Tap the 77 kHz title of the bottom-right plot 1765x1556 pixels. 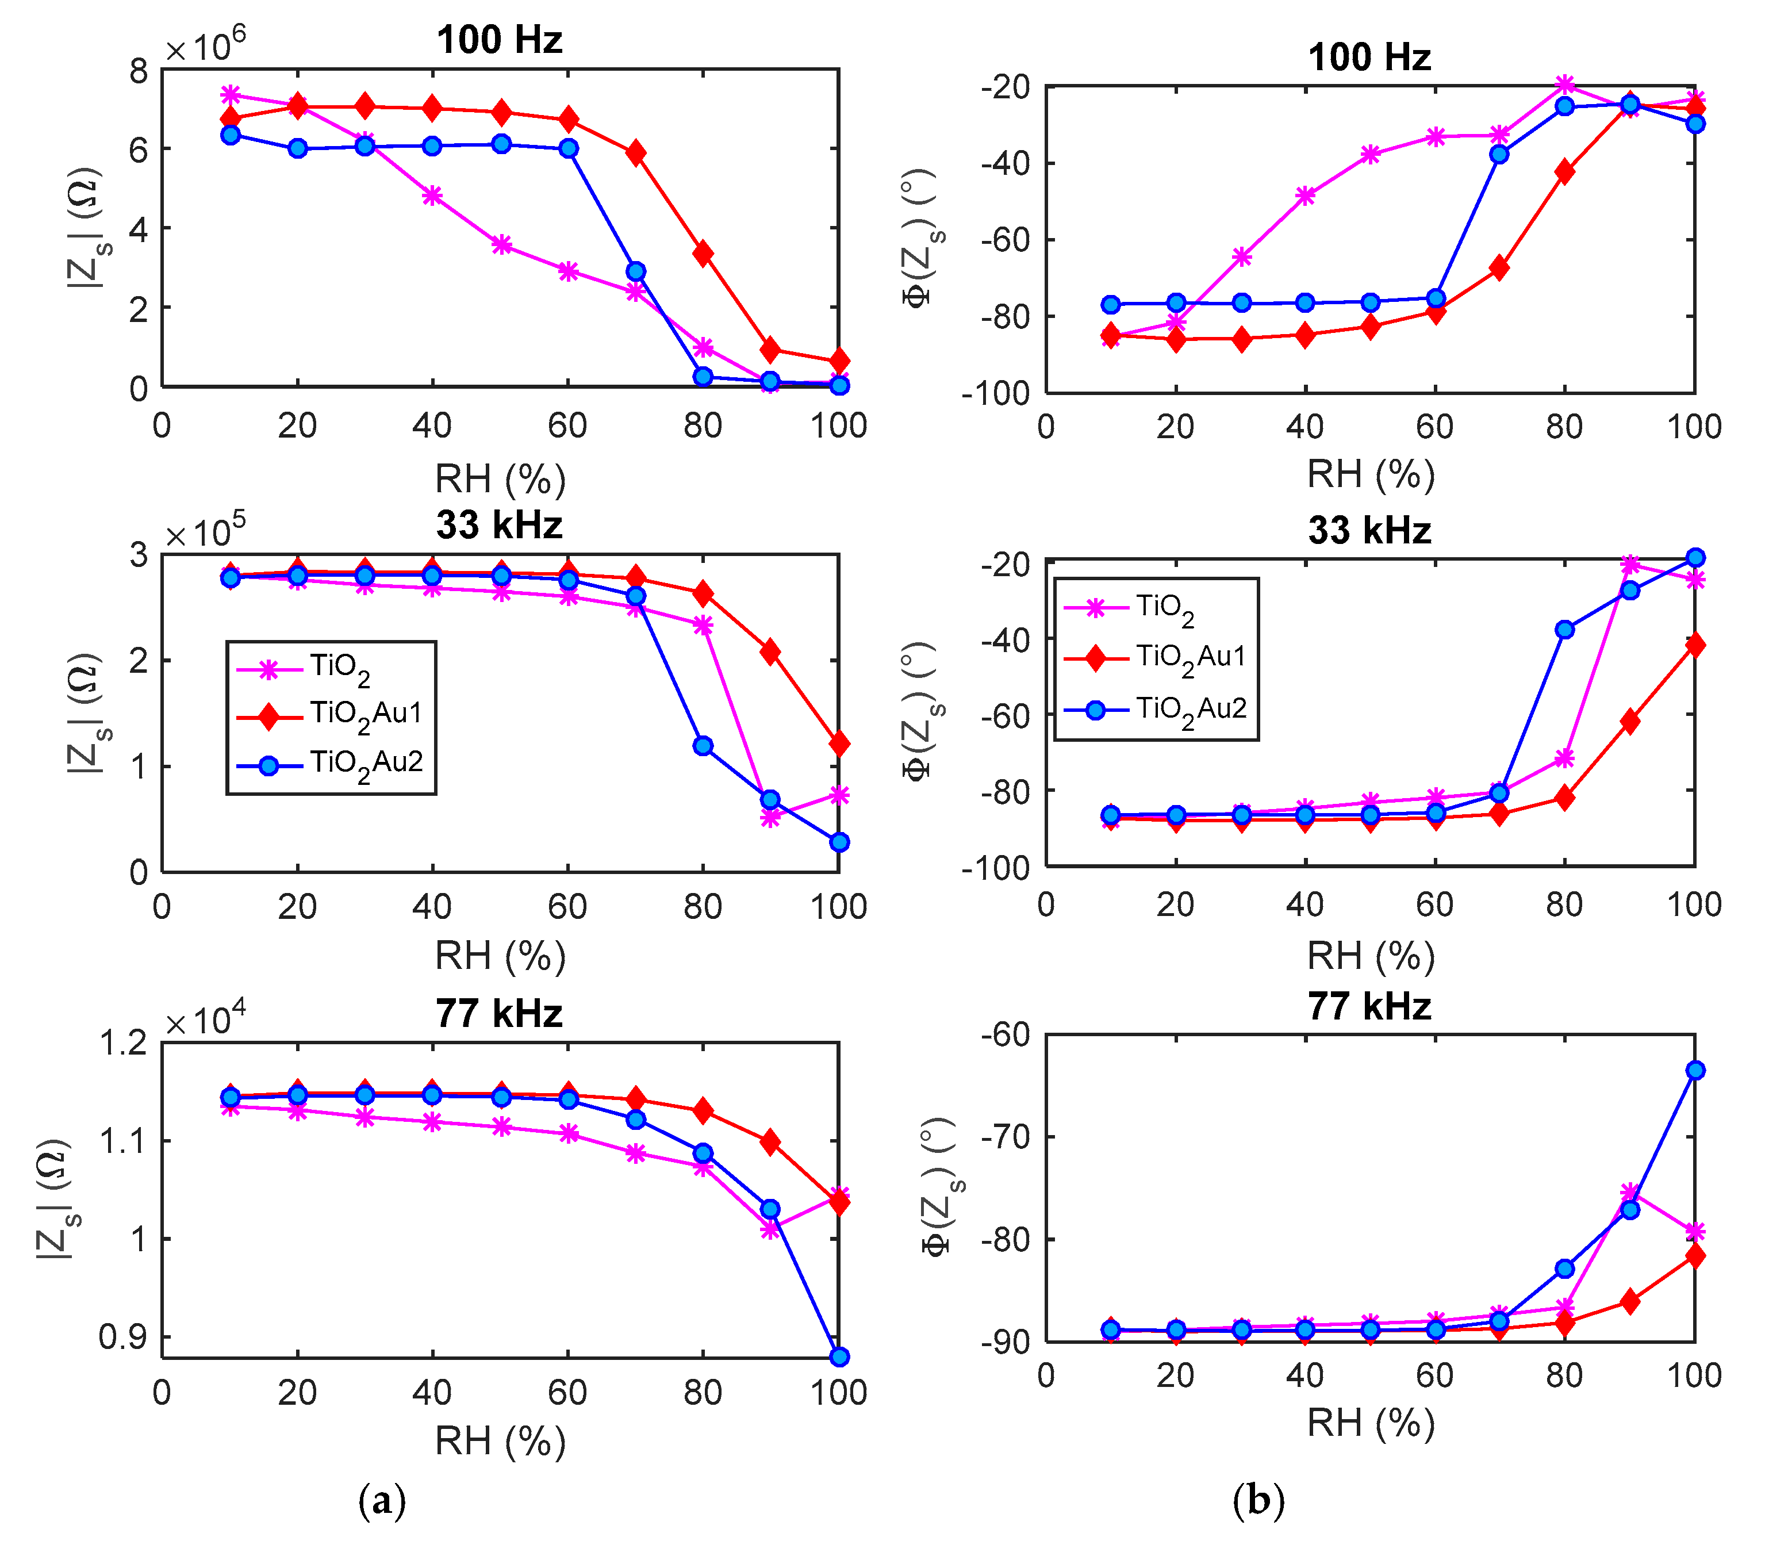(1369, 1007)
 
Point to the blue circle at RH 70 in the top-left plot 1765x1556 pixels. (635, 272)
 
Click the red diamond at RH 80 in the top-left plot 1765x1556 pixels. (703, 254)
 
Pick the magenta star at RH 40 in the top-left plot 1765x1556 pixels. (432, 196)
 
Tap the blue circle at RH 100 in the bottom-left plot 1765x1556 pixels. (838, 1356)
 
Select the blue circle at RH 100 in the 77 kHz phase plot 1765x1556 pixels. (1695, 1071)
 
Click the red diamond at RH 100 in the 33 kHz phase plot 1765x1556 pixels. (1695, 645)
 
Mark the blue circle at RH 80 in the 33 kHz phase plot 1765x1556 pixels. (1565, 630)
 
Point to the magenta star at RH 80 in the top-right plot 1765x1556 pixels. (1565, 85)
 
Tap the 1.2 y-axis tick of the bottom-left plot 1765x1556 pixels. (124, 1043)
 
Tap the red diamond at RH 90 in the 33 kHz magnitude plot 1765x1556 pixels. (770, 652)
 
